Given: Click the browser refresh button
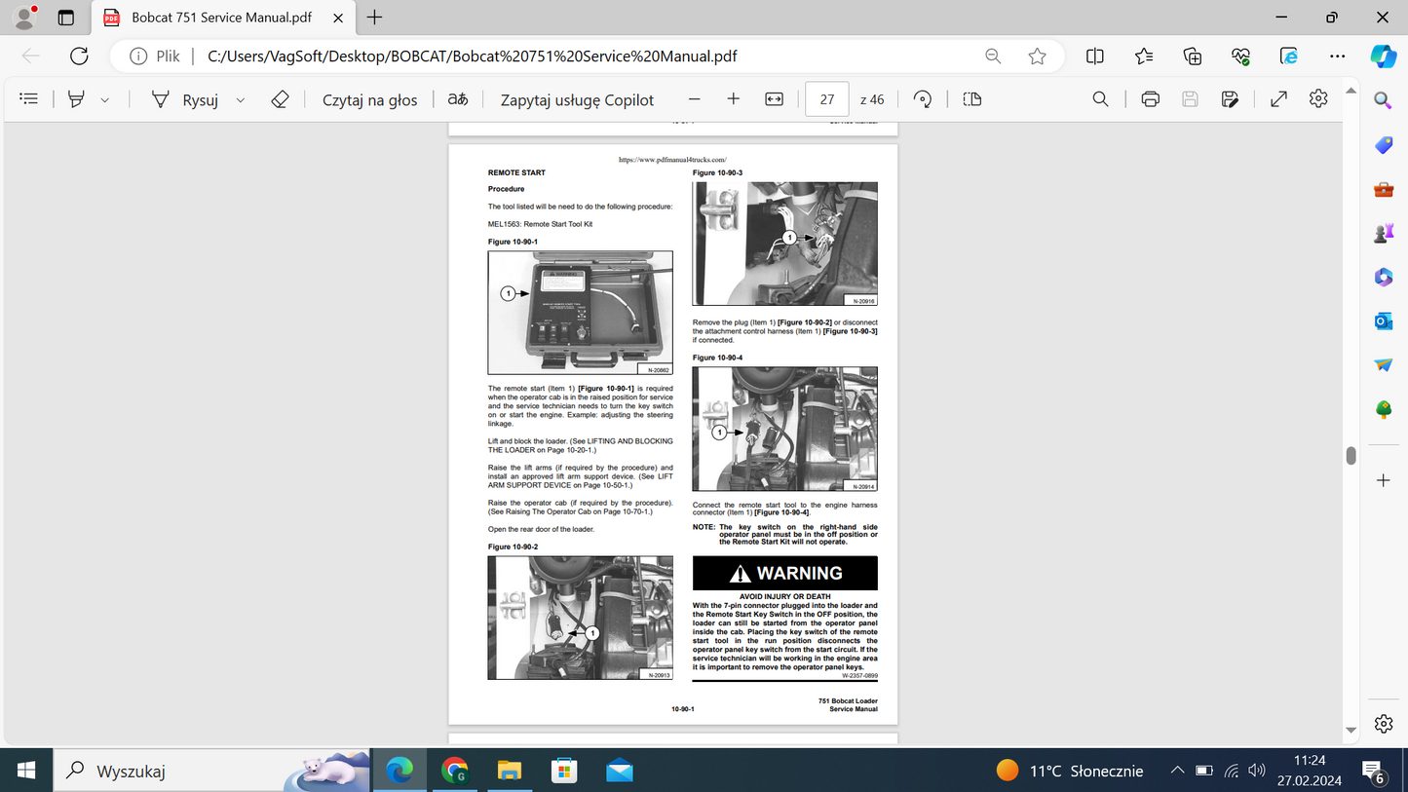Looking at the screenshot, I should (79, 56).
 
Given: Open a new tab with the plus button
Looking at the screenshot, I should (374, 18).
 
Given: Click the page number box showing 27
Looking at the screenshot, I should (826, 99).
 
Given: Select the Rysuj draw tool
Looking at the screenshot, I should (185, 99).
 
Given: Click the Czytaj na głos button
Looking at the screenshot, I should (369, 99).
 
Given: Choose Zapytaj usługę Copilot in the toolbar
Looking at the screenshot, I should (577, 99).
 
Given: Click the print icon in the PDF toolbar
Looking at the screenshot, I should (1150, 99).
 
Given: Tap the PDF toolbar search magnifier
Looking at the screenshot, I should (1100, 99).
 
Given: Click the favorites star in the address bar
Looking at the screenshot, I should (1037, 56).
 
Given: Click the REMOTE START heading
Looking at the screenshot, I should (516, 172).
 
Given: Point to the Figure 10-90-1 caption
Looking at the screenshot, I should (513, 241).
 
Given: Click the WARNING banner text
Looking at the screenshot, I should (799, 573).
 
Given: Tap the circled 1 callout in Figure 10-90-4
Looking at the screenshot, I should (719, 432).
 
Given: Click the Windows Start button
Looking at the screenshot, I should (26, 771).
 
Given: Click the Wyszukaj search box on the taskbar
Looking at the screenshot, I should (166, 771).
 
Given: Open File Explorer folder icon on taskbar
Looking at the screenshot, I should (510, 771).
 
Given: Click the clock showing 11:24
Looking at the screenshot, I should (1310, 760).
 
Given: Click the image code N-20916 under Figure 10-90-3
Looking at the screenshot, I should (863, 301).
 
